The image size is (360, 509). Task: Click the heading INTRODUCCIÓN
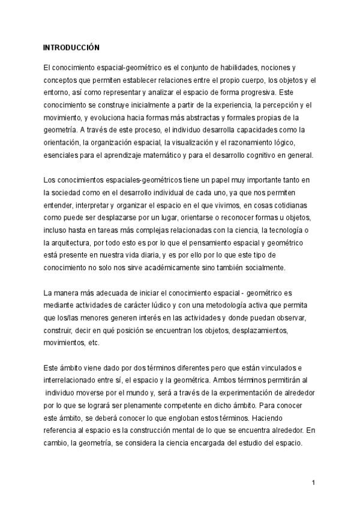pyautogui.click(x=71, y=47)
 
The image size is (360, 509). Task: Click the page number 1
pyautogui.click(x=314, y=483)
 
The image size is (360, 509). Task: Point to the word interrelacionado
pyautogui.click(x=73, y=380)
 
